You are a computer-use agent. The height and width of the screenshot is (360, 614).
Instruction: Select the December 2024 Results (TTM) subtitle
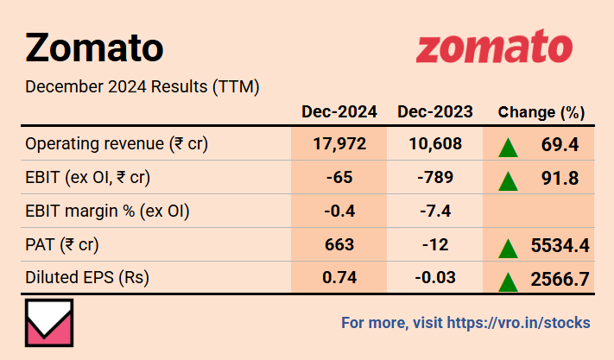click(x=142, y=87)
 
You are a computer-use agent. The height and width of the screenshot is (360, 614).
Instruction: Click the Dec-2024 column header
click(x=339, y=112)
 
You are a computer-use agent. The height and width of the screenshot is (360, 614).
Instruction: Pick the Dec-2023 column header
click(x=434, y=112)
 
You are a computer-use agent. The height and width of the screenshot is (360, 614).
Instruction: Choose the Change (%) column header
click(x=541, y=112)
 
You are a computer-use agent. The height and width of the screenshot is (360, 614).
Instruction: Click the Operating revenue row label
click(x=117, y=143)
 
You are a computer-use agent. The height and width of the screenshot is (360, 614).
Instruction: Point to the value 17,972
click(x=339, y=143)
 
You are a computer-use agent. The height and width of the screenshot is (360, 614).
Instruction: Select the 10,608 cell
click(x=434, y=143)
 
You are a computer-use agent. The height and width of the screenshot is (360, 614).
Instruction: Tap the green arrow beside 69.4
click(x=509, y=146)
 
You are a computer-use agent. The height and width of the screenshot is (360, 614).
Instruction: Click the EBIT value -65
click(x=339, y=178)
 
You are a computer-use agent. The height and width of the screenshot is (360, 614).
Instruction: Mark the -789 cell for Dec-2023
click(x=434, y=178)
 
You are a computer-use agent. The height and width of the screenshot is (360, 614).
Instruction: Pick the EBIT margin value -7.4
click(x=434, y=211)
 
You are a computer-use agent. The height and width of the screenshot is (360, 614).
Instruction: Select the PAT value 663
click(x=339, y=244)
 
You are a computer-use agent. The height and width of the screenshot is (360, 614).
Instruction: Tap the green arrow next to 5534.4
click(x=509, y=248)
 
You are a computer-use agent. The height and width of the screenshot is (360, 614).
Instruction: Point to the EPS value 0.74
click(x=339, y=278)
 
